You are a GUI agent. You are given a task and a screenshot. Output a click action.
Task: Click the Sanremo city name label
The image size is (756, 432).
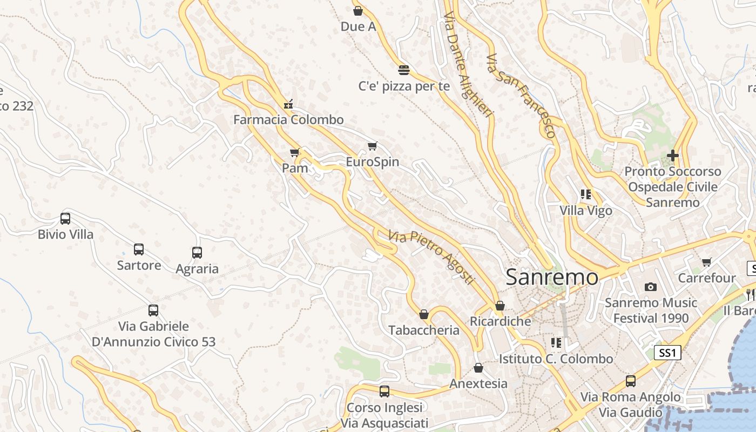coord(552,277)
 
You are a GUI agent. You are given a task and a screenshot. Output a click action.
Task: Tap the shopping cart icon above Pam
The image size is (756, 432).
coord(294,153)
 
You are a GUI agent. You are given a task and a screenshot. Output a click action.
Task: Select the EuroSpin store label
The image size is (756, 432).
coord(373,161)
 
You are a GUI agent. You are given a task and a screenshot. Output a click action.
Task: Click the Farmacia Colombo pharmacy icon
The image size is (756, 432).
coord(288,104)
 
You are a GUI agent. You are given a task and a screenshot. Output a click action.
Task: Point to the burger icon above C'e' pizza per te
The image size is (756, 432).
coord(403,70)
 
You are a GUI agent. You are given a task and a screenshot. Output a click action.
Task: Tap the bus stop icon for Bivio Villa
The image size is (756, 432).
coord(65,219)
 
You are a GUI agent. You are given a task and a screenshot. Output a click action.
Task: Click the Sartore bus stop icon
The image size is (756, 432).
coord(139,249)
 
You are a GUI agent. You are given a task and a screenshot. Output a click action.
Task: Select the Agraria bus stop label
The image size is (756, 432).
coord(197,268)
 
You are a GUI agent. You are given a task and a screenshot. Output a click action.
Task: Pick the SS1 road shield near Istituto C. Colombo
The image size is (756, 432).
coord(667,353)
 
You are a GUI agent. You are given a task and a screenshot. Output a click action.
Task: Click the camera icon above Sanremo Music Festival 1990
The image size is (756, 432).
coord(651,287)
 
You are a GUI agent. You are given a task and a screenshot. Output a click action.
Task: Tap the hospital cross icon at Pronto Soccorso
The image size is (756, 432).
coord(672,156)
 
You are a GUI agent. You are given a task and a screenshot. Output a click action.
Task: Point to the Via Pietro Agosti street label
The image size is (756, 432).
coord(431,258)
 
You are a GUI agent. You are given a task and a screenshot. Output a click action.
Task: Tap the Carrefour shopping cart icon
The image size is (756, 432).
coord(706,262)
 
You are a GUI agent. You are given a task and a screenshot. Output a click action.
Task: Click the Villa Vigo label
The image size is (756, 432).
coord(586,210)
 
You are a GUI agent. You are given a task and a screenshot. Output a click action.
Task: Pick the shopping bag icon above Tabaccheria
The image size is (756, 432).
coord(424,314)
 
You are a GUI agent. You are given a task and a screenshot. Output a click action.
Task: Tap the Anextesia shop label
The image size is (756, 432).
coord(478,383)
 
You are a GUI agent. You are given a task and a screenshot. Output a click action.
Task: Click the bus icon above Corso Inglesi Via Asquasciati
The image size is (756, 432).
coord(384,391)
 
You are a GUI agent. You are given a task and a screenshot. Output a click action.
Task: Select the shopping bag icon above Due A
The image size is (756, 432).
coord(357,11)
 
